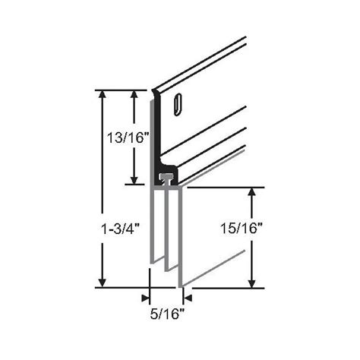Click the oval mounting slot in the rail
(178, 104)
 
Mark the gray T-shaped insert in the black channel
(166, 178)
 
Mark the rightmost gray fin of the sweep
(180, 235)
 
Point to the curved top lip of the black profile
(156, 93)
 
